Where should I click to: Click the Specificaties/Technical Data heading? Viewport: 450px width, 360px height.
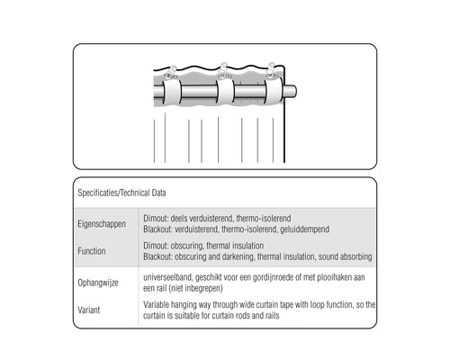coord(121,193)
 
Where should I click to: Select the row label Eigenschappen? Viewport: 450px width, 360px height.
coord(102,224)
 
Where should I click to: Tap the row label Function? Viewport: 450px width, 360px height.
coord(92,251)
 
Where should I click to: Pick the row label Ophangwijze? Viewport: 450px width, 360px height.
coord(98,283)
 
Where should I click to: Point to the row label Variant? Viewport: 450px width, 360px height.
coord(89,310)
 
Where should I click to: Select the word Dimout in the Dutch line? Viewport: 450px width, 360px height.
coord(156,219)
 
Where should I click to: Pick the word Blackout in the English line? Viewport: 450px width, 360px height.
coord(157,256)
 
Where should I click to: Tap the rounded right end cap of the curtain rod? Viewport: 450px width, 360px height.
coord(291,91)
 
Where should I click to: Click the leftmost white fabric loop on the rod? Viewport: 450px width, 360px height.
coord(172,93)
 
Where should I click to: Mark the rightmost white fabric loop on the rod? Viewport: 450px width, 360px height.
coord(274,91)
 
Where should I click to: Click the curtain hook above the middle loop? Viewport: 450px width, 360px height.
coord(224,71)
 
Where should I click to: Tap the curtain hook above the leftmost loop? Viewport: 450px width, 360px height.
coord(171,73)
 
